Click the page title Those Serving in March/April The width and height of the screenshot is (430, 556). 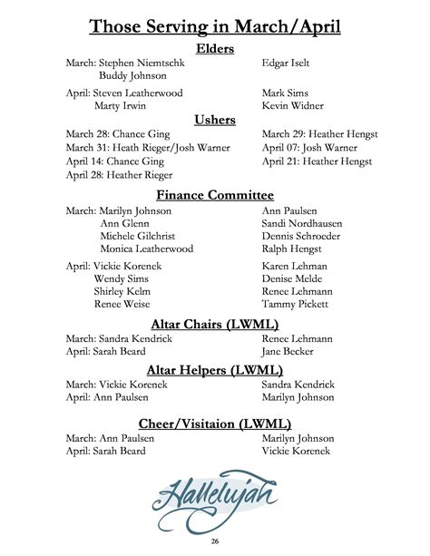(x=215, y=26)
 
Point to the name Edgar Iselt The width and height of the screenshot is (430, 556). (x=287, y=63)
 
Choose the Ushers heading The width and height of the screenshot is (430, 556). (x=215, y=120)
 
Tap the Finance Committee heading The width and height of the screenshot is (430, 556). (x=215, y=195)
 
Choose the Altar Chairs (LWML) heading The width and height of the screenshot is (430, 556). (x=215, y=324)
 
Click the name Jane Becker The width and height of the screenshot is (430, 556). (x=288, y=351)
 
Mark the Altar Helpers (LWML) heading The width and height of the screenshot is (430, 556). (x=215, y=369)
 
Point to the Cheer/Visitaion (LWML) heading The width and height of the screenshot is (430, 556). (x=215, y=423)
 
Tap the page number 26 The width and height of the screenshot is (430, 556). (x=215, y=541)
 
